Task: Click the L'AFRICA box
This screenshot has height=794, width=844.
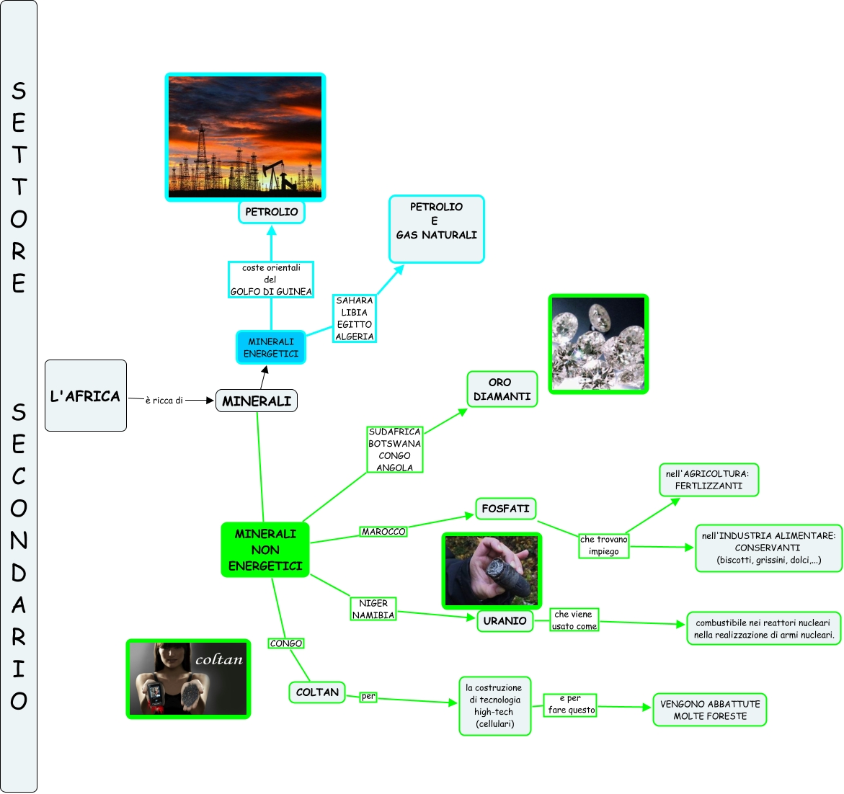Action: (85, 396)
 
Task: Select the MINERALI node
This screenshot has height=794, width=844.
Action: (257, 401)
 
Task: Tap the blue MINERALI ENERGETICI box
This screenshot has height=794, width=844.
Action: (271, 347)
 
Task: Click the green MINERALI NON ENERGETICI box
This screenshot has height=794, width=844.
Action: (265, 550)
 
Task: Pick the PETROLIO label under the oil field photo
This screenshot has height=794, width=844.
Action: (272, 212)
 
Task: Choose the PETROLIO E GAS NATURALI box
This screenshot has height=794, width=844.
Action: (436, 228)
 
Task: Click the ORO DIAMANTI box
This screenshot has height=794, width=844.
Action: (502, 389)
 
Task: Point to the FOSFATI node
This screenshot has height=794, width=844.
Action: (505, 509)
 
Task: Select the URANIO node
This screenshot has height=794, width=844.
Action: (505, 620)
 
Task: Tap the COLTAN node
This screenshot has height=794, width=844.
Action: (317, 692)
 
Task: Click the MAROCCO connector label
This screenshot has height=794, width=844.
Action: (383, 532)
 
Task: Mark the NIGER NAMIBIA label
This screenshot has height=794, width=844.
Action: (373, 609)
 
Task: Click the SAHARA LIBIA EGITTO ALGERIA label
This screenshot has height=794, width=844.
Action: (355, 318)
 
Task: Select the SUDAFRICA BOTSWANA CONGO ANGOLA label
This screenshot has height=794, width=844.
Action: (394, 450)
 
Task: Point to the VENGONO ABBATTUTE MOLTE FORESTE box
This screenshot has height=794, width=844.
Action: (710, 710)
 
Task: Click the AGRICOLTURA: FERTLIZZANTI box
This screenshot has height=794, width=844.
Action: (708, 480)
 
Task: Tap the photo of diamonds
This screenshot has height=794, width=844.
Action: (598, 344)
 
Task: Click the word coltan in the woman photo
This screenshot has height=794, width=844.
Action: (219, 659)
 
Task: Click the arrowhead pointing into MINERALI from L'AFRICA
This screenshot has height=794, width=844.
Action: (210, 401)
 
